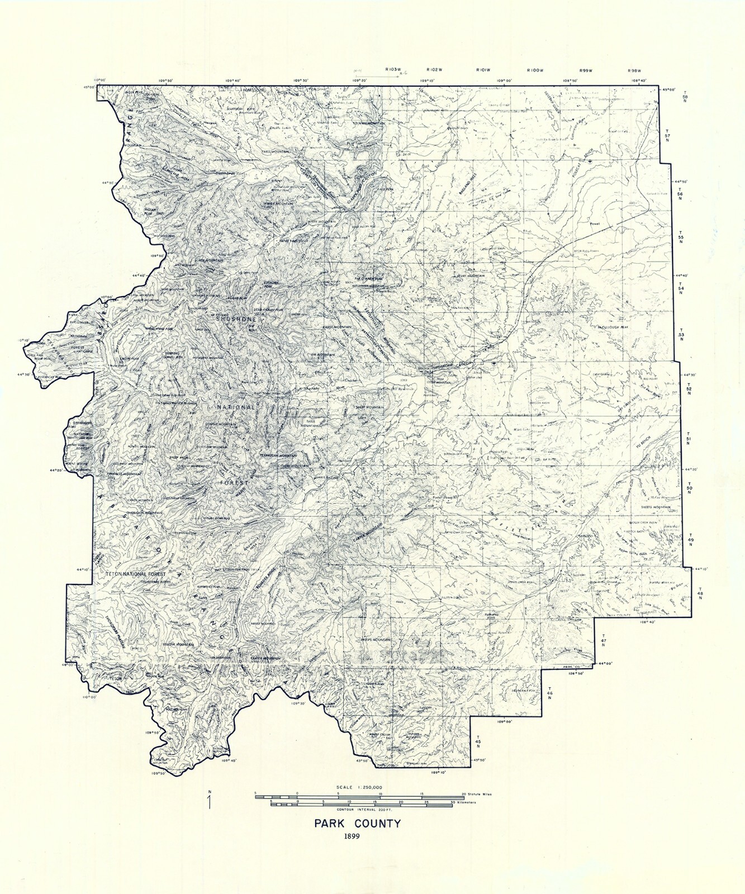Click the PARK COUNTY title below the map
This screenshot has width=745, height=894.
(357, 823)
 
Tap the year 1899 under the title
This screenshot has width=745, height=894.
(352, 836)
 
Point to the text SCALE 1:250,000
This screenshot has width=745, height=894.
(359, 787)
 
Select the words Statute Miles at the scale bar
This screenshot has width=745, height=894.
(480, 793)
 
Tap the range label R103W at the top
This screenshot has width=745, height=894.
(393, 69)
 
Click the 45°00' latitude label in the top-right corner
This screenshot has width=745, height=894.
(669, 89)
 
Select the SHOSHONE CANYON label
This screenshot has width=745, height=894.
(454, 364)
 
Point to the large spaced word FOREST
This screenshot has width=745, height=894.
(234, 482)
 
